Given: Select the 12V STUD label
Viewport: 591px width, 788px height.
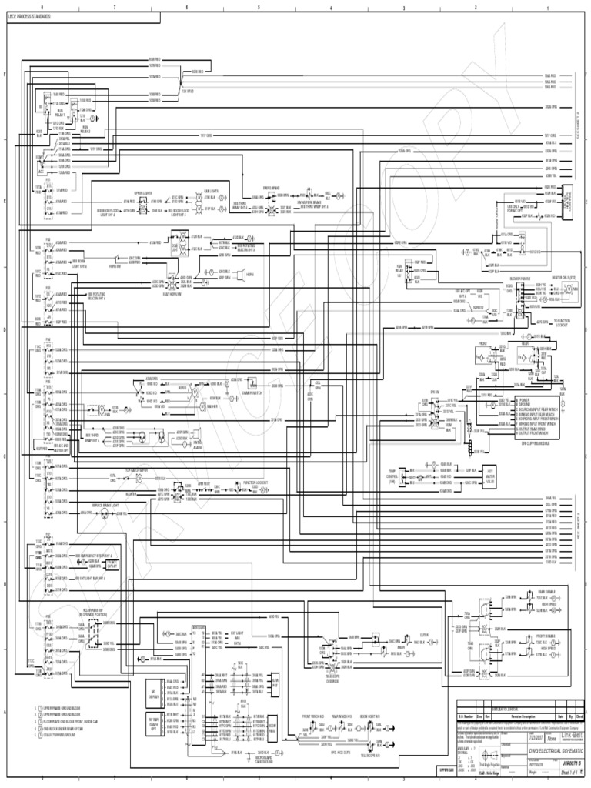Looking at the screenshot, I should (x=188, y=90).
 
